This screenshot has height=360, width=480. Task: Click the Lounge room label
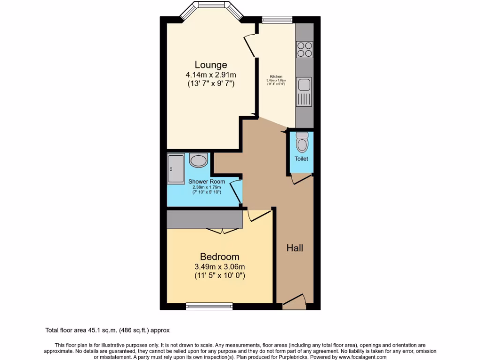[211, 65]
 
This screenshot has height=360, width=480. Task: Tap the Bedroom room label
[219, 256]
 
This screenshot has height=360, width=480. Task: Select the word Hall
[295, 248]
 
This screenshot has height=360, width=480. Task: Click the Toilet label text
[301, 158]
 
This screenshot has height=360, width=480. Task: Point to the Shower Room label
[207, 181]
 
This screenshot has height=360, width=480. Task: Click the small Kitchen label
[276, 76]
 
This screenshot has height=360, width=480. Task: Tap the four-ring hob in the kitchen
[304, 49]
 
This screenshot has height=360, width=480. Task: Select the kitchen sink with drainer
[304, 91]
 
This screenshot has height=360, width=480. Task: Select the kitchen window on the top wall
[277, 19]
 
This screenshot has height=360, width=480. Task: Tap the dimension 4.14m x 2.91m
[210, 75]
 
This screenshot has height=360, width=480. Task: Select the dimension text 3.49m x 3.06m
[219, 267]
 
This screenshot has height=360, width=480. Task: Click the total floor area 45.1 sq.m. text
[110, 330]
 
